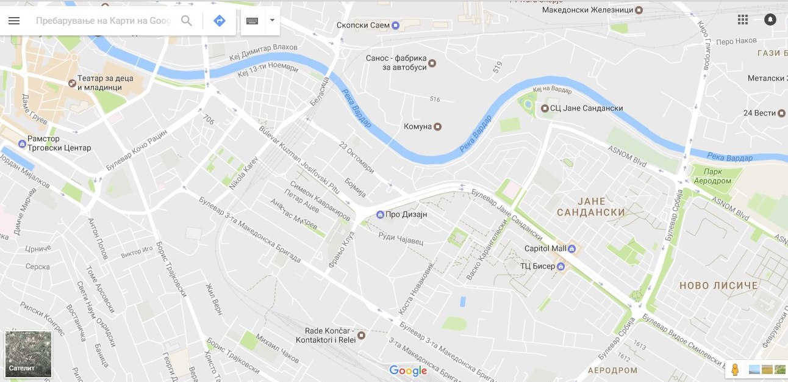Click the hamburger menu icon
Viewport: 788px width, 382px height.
click(x=14, y=21)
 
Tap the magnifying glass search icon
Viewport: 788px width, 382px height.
click(x=187, y=21)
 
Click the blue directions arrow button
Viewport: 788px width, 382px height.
click(x=220, y=21)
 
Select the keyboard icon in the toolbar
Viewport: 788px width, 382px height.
click(x=252, y=21)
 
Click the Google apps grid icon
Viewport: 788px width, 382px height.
click(x=742, y=20)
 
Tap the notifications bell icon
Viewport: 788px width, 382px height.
click(x=770, y=20)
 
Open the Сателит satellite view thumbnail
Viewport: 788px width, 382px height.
click(x=28, y=355)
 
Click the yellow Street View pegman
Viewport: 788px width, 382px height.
click(x=735, y=370)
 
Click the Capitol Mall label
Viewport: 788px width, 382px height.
click(x=545, y=248)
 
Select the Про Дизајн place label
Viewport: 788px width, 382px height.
click(x=407, y=215)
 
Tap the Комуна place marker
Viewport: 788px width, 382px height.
click(x=437, y=127)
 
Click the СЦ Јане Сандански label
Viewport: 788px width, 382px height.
click(x=586, y=108)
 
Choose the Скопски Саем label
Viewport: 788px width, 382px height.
click(x=363, y=26)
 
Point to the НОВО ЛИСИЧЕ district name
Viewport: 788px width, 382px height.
click(x=718, y=285)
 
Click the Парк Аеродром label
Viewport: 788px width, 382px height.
click(x=713, y=176)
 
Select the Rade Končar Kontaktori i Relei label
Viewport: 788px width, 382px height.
click(x=326, y=335)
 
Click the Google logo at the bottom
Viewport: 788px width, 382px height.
click(x=408, y=370)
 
